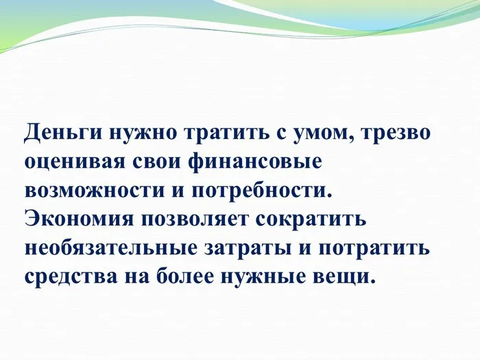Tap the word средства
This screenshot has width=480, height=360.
pyautogui.click(x=75, y=276)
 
